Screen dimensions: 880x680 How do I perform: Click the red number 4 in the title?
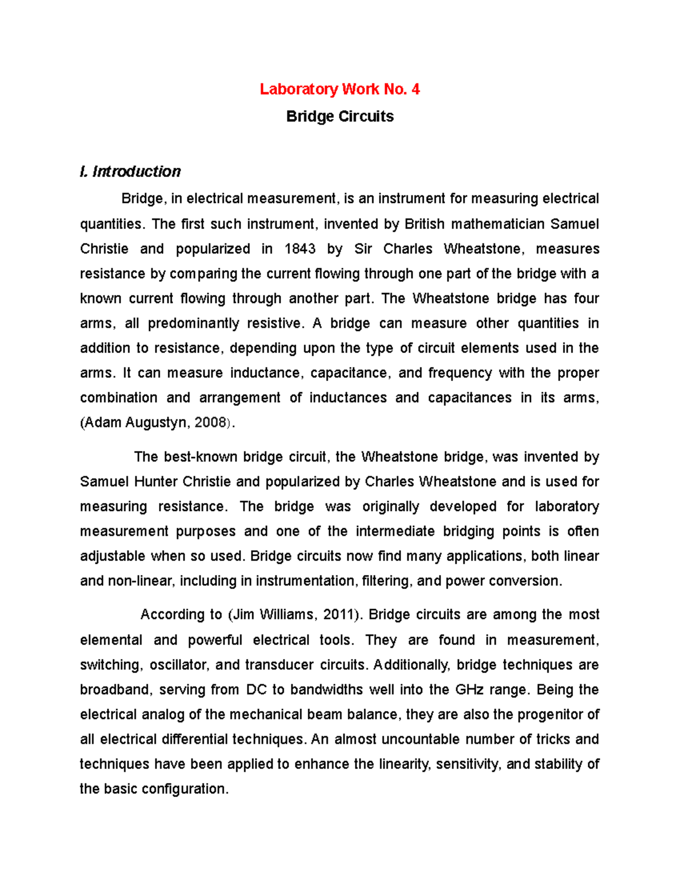coord(415,90)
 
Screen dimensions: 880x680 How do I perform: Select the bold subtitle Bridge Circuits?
coord(340,117)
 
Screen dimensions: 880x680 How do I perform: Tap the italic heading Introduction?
coord(136,172)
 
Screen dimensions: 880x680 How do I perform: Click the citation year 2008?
coord(210,423)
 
